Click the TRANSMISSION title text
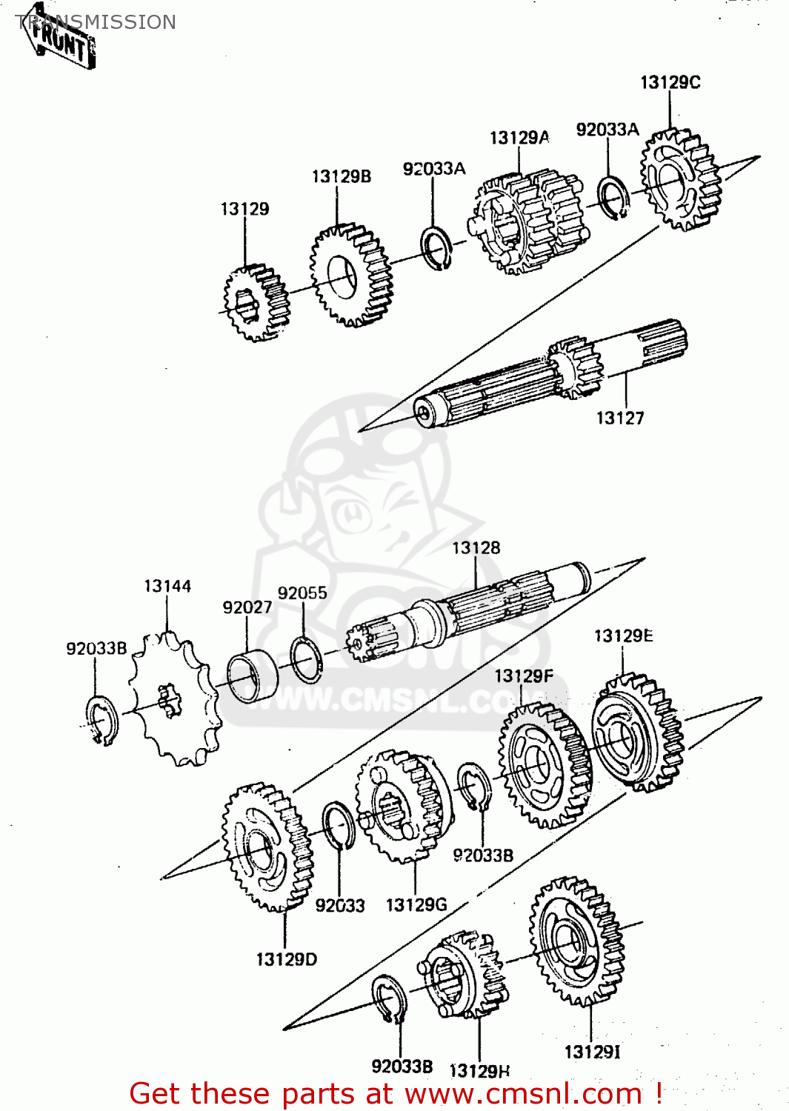pyautogui.click(x=96, y=22)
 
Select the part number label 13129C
pyautogui.click(x=670, y=82)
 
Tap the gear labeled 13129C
pyautogui.click(x=679, y=180)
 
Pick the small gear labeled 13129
pyautogui.click(x=256, y=303)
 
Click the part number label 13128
pyautogui.click(x=476, y=548)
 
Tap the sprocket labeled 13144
pyautogui.click(x=174, y=699)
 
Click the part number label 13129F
pyautogui.click(x=523, y=676)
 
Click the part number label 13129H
pyautogui.click(x=479, y=1071)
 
